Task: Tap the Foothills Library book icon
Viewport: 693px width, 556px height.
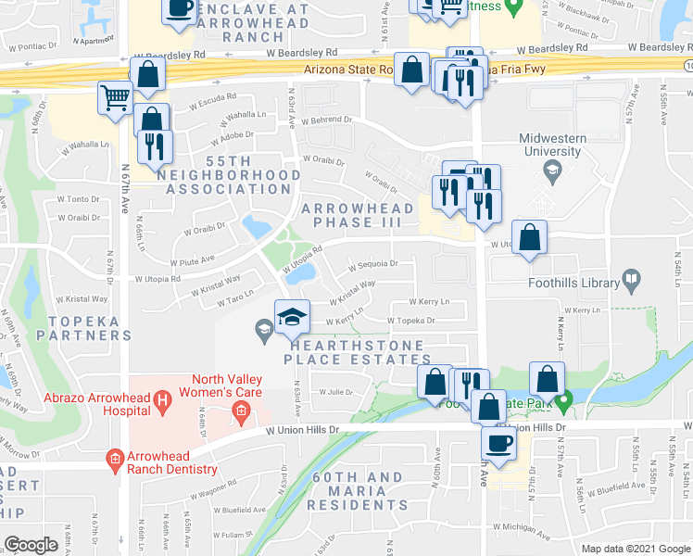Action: [x=631, y=279]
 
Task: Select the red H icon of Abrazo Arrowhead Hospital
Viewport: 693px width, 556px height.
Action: [x=163, y=400]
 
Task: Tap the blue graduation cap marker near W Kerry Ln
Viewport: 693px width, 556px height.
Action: [x=291, y=316]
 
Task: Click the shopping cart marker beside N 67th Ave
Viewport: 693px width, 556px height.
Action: [x=116, y=96]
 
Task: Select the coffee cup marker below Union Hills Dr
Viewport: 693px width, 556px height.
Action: [x=499, y=442]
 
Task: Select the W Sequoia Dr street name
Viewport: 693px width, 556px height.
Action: [x=373, y=264]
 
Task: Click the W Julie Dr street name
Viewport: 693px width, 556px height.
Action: [x=337, y=391]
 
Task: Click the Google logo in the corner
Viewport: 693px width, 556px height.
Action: [x=31, y=545]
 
